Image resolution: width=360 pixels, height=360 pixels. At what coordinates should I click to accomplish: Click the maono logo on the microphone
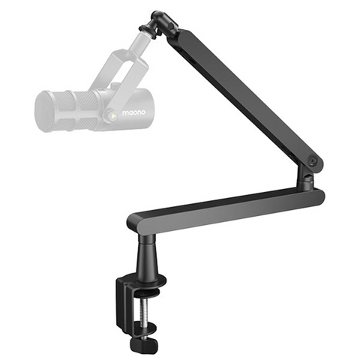(x=133, y=112)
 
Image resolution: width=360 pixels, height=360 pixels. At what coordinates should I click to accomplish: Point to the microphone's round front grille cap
(x=44, y=112)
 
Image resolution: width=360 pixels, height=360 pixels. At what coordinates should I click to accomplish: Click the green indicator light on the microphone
(x=101, y=89)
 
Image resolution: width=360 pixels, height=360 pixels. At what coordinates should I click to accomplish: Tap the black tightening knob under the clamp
(x=139, y=343)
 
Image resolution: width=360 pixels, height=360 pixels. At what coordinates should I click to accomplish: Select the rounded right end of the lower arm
(x=319, y=196)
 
